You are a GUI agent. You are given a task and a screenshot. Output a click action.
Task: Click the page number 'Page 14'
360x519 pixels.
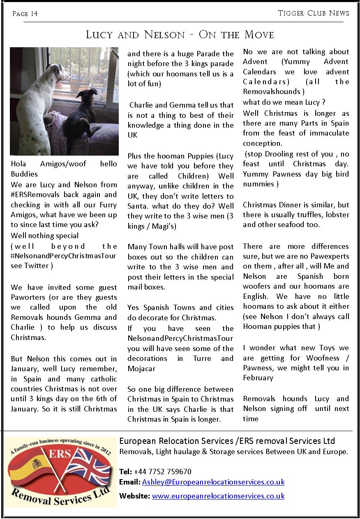[25, 14]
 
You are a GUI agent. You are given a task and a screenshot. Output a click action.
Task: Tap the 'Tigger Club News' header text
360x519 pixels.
[314, 13]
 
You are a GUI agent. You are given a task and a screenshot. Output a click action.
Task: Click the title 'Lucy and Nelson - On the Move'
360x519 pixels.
[180, 34]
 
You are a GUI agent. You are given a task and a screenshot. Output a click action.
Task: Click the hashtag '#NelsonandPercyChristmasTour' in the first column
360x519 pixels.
[64, 256]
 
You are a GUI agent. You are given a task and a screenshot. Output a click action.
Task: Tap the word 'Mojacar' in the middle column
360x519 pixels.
[141, 368]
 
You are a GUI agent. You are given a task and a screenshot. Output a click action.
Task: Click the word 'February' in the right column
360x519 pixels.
[258, 378]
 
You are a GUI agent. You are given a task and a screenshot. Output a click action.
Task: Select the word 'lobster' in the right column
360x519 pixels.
[335, 215]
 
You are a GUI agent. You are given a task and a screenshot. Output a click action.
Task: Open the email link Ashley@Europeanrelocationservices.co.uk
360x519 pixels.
[213, 482]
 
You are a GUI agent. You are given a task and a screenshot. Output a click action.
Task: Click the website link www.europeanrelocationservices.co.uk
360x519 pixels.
[218, 496]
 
